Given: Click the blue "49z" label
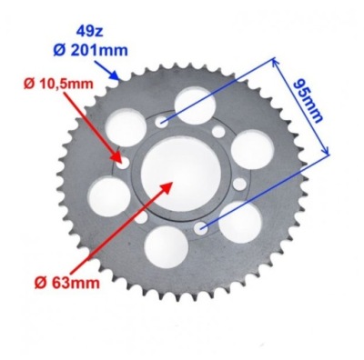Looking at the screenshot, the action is [x=90, y=32].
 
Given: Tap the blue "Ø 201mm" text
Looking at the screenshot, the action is [x=90, y=50].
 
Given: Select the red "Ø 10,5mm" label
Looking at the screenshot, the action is [x=58, y=84].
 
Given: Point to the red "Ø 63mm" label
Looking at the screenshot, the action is [x=66, y=284].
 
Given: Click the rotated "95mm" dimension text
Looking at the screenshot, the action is [x=308, y=101].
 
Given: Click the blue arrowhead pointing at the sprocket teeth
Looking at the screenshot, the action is [x=114, y=75].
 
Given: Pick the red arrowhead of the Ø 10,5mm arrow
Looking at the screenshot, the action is [x=117, y=155].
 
